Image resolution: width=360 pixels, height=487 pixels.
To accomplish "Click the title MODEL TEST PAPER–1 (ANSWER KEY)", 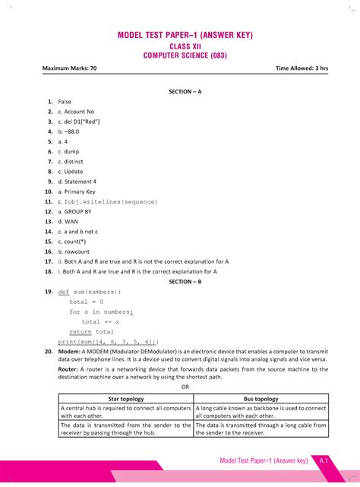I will [x=185, y=36].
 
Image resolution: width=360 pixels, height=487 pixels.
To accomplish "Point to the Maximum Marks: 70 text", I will [x=70, y=69].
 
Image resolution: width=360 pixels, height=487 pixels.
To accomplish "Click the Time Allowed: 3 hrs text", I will [x=302, y=69].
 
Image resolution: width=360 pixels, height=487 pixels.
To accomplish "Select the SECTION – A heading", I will [x=185, y=91].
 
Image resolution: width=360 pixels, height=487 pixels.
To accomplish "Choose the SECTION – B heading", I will [x=185, y=281].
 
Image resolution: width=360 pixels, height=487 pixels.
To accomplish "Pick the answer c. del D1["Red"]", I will [x=79, y=122].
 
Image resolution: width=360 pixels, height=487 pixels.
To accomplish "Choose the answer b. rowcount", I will [x=74, y=251].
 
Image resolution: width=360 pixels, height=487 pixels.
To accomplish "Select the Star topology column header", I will [x=125, y=399].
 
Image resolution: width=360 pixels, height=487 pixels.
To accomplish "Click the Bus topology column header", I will [x=261, y=399].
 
